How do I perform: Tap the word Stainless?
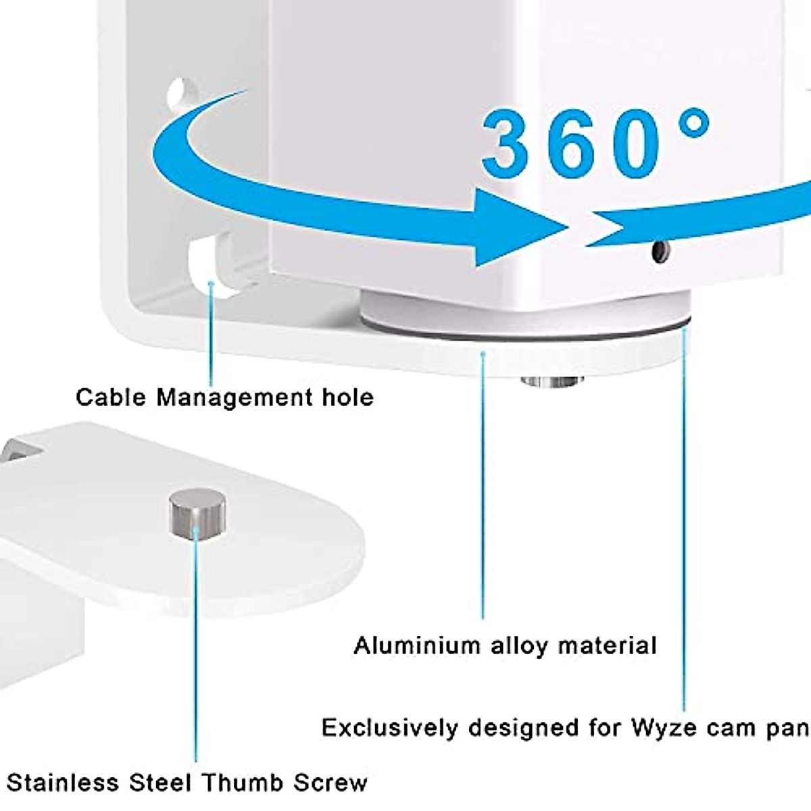[x=62, y=783]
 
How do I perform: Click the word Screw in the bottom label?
[x=330, y=783]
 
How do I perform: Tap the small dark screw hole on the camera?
[x=658, y=252]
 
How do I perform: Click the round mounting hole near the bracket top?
[x=178, y=91]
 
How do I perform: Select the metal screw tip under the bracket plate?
[x=553, y=382]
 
